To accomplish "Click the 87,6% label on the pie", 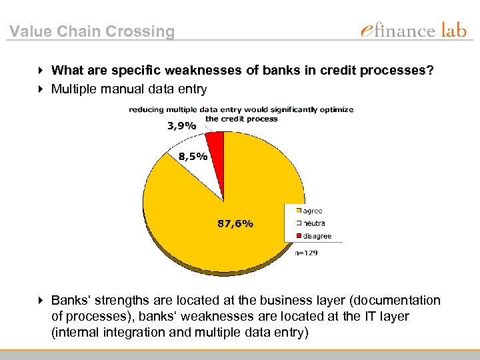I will [235, 224].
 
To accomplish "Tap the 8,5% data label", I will [193, 157].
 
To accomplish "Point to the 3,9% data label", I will [181, 125].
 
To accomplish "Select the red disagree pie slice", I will [215, 139].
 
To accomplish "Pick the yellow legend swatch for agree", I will [299, 211].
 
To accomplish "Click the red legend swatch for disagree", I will [299, 236].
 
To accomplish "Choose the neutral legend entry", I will [313, 223].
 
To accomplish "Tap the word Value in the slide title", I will [31, 31].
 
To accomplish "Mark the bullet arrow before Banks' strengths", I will [42, 301].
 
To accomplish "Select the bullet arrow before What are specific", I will [42, 70].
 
